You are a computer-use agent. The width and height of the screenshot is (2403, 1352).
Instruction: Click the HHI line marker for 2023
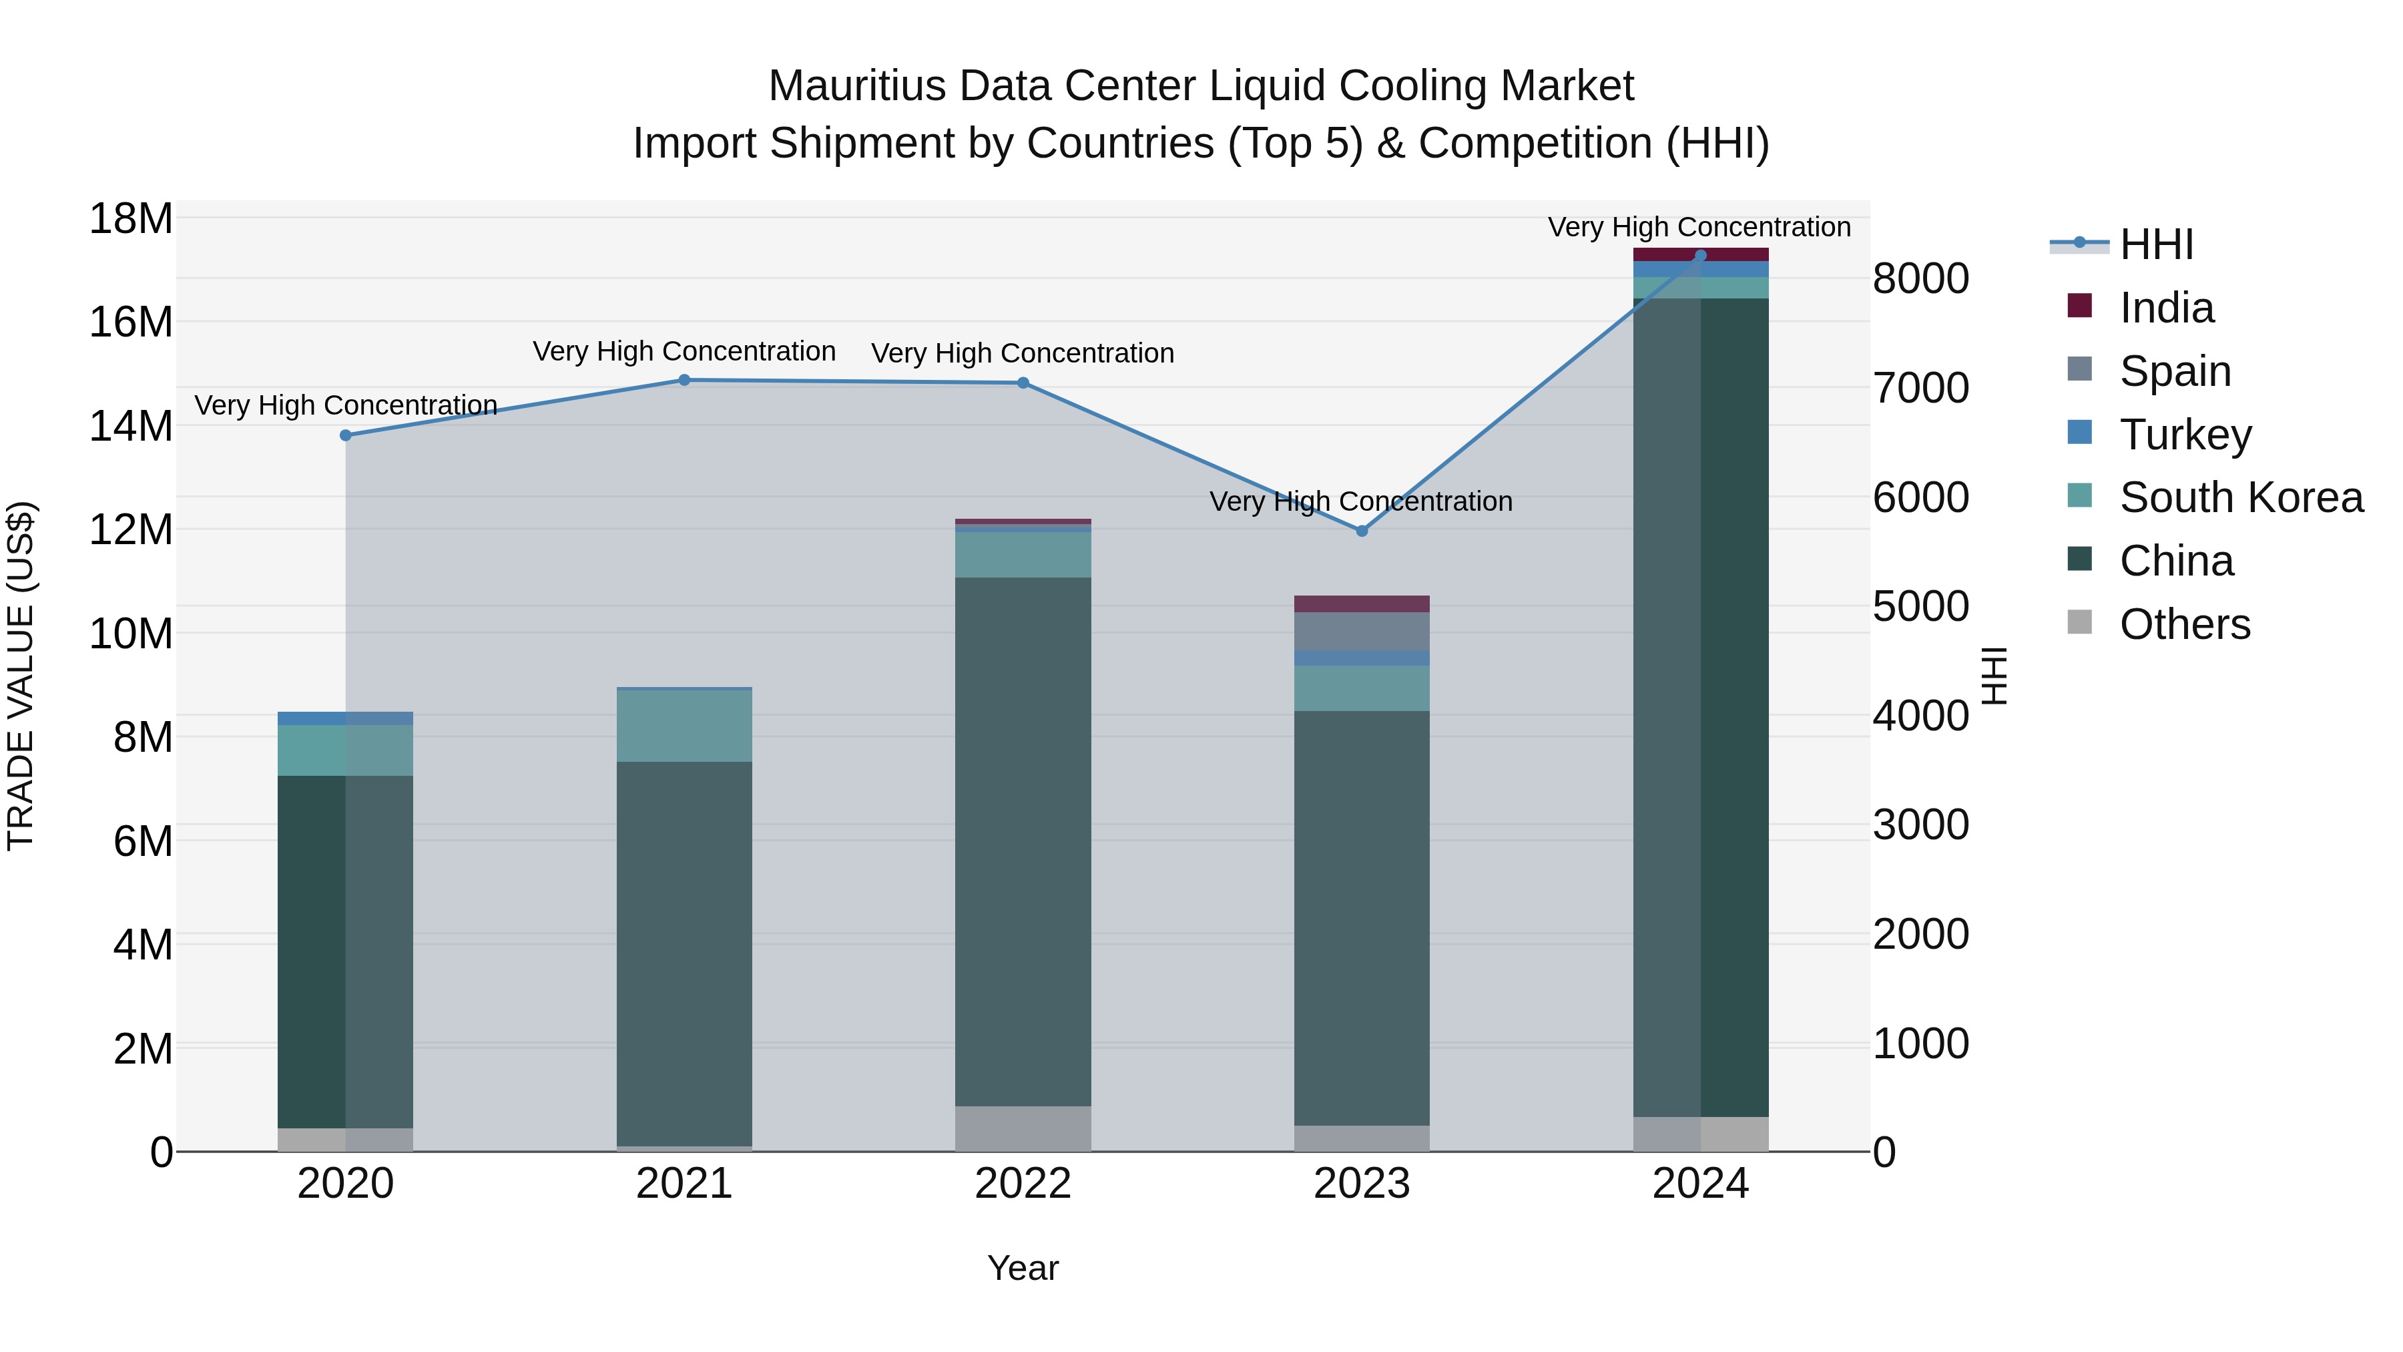coord(1361,531)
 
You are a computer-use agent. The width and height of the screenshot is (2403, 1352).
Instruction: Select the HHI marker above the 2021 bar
coord(684,380)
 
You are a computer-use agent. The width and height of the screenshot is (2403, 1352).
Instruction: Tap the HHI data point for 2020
coord(345,435)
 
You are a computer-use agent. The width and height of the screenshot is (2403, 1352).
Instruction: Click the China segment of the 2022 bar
coord(1023,840)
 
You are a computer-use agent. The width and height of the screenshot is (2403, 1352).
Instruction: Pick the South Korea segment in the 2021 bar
coord(684,726)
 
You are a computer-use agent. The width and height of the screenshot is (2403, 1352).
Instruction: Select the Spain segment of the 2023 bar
coord(1361,631)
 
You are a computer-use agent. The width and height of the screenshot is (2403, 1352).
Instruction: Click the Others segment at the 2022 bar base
coord(1023,1128)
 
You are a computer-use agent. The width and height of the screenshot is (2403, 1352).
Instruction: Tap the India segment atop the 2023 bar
coord(1361,604)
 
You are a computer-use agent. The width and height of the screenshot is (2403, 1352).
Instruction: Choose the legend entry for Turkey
coord(2183,434)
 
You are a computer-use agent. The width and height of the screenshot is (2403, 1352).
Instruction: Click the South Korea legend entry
coord(2239,497)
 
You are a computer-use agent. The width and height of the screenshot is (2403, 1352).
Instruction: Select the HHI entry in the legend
coord(2155,244)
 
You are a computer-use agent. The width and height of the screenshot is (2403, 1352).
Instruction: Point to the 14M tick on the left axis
coord(131,427)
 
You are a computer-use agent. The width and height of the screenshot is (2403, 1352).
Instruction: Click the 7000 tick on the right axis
coord(1920,388)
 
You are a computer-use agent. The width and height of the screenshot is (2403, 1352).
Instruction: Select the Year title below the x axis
coord(1023,1268)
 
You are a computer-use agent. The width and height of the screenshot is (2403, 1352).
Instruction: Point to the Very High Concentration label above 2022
coord(1023,354)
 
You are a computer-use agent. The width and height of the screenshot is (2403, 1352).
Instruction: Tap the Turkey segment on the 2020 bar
coord(345,718)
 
